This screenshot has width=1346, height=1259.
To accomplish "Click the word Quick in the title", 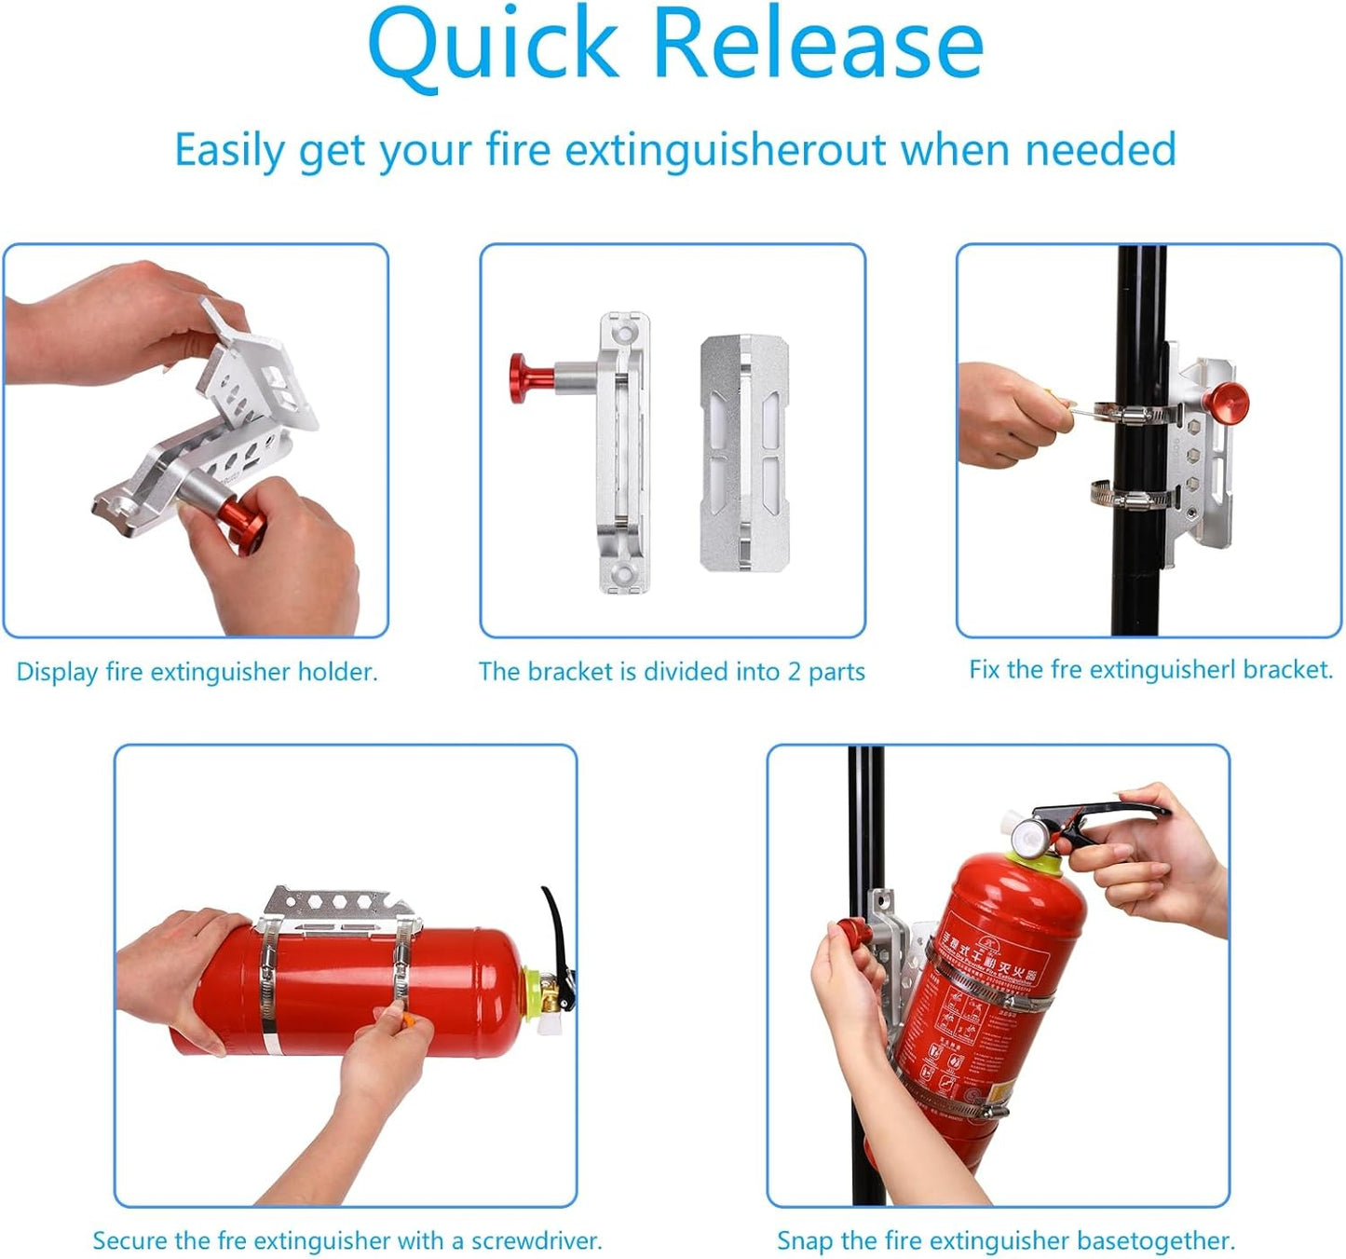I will [x=494, y=45].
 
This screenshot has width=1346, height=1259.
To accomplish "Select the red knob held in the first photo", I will [x=244, y=525].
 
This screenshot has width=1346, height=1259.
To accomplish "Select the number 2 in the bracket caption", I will [x=794, y=672].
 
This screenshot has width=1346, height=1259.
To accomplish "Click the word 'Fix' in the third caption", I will [x=985, y=669].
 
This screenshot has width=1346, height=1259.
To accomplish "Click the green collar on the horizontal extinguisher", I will [x=532, y=992].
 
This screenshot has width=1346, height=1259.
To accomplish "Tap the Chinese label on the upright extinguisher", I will [x=987, y=960].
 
